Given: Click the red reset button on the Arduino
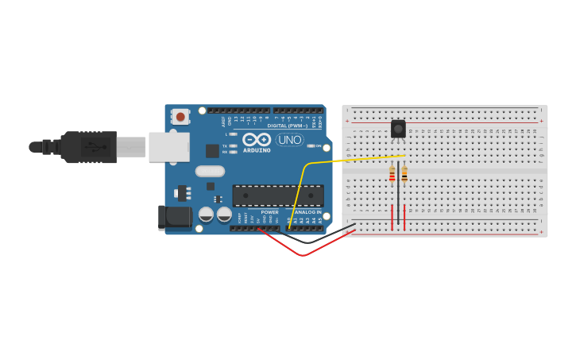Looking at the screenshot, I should click(x=180, y=117).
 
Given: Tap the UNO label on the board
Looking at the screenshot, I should click(x=290, y=140).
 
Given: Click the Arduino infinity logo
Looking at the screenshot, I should click(x=257, y=139).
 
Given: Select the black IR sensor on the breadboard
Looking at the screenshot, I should click(x=398, y=128).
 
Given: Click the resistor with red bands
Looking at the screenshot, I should click(x=392, y=174).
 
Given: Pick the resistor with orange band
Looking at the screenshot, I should click(x=404, y=174).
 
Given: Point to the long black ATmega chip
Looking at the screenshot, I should click(x=277, y=195).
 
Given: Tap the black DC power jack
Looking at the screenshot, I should click(x=174, y=216).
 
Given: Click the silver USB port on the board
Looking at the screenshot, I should click(x=169, y=146).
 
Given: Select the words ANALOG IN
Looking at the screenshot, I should click(x=308, y=212).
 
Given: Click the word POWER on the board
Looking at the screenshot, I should click(x=270, y=212).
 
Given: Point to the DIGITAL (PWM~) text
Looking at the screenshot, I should click(x=288, y=126).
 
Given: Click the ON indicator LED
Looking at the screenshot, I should click(x=310, y=146).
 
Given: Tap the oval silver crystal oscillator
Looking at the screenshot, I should click(x=210, y=171).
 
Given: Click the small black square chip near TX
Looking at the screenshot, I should click(x=212, y=150).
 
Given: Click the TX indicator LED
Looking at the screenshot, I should click(x=233, y=146).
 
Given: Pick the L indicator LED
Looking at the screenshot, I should click(x=233, y=134).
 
